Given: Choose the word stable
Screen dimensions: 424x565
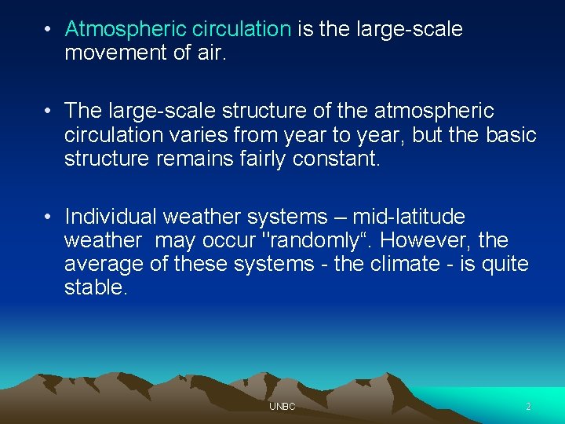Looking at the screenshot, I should coord(95,287).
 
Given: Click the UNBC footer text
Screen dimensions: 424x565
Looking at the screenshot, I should coord(282,407).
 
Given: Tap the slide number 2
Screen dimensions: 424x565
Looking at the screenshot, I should coord(528,407).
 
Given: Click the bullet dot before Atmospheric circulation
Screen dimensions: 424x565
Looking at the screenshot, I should coord(48,31).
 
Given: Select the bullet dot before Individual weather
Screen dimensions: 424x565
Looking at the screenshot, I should coord(48,217).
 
